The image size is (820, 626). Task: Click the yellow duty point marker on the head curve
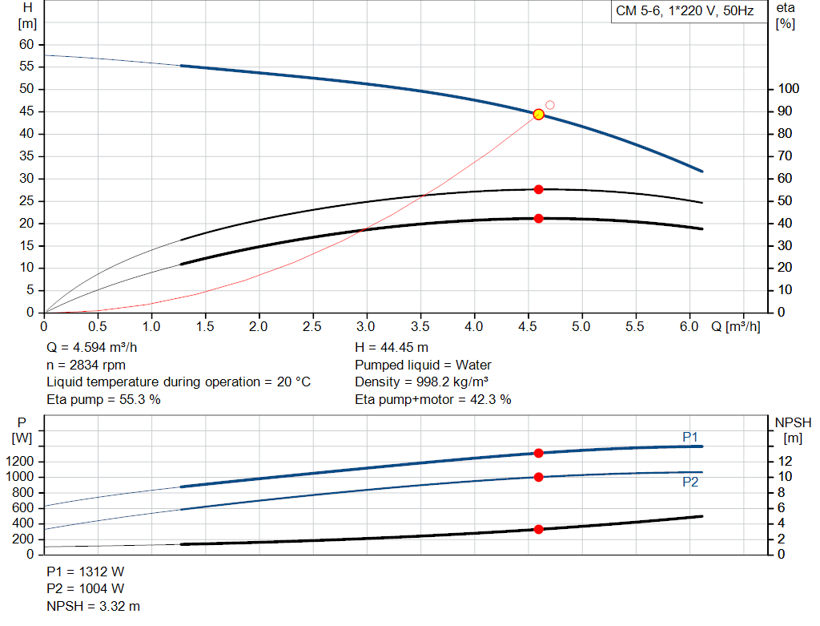[539, 114]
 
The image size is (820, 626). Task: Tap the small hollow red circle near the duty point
[549, 105]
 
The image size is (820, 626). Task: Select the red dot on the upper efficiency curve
[539, 189]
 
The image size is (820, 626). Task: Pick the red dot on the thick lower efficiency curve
[539, 218]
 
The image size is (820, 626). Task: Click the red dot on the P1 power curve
[539, 454]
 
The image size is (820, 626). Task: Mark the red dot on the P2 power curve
[539, 477]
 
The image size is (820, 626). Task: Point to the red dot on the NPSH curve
[539, 529]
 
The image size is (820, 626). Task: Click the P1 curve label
[690, 437]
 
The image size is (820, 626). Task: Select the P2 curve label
[690, 482]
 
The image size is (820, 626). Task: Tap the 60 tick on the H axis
[26, 45]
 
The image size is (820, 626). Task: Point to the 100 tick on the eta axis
[789, 88]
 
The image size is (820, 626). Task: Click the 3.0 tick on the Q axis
[365, 326]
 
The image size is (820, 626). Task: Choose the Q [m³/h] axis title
[736, 326]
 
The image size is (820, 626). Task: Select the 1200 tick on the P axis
[19, 461]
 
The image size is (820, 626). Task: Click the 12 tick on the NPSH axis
[785, 461]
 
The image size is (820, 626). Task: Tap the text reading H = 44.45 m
[392, 348]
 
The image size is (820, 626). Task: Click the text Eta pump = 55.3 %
[103, 400]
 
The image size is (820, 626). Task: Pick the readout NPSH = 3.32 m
[93, 606]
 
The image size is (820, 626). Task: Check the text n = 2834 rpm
[86, 366]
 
